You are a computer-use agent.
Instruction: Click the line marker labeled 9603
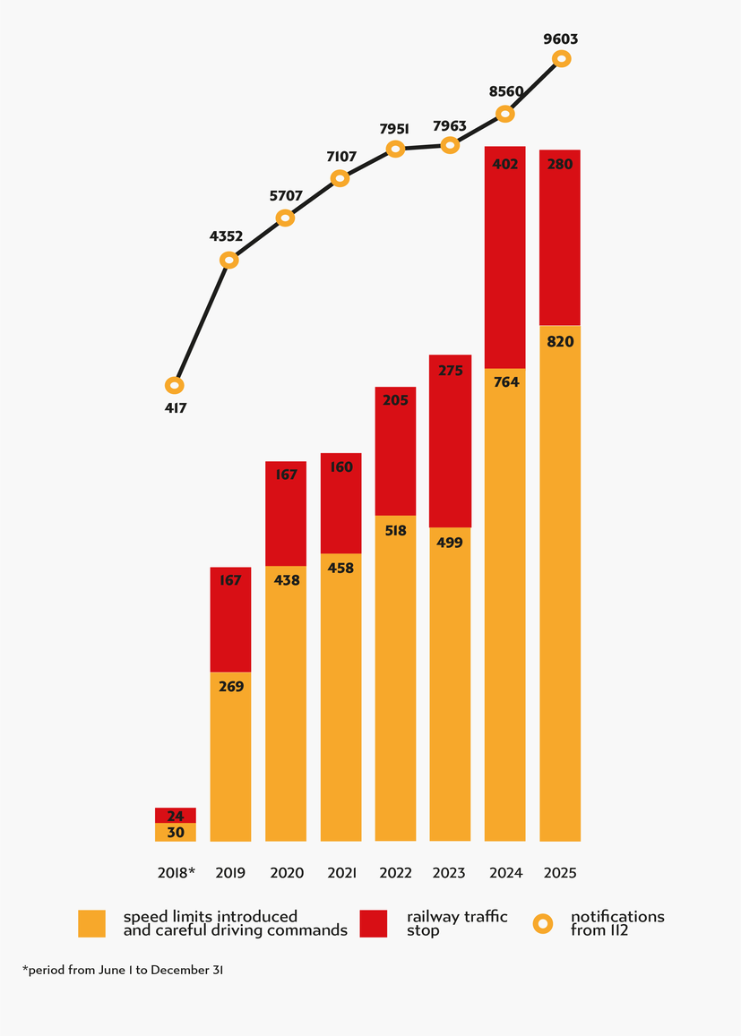coord(561,59)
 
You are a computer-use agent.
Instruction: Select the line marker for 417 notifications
coord(175,386)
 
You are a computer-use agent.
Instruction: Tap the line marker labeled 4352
coord(229,260)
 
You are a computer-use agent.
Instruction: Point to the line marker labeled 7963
coord(451,145)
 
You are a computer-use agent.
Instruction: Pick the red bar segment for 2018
coord(176,816)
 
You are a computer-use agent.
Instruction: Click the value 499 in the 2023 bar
coord(450,543)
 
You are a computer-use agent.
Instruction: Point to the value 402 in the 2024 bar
coord(505,165)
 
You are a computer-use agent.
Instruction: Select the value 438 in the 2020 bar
coord(286,580)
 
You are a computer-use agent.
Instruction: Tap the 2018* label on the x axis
coord(176,873)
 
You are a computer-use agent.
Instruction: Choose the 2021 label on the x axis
coord(340,873)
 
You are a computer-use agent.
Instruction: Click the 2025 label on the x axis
coord(560,873)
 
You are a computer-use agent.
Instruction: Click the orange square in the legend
coord(92,923)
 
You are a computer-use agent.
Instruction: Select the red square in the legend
coord(374,923)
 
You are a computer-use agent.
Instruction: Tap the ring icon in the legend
coord(543,923)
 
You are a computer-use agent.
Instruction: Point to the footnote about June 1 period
coord(122,970)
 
